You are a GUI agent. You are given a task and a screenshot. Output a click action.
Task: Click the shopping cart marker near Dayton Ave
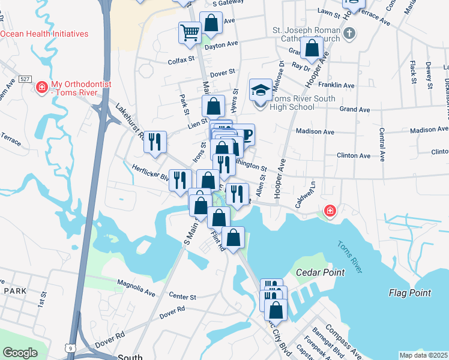190,32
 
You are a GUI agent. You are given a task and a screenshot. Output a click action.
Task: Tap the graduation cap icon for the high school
260,91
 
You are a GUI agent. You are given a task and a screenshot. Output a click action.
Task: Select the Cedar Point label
321,272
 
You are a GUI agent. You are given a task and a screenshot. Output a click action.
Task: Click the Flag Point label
410,293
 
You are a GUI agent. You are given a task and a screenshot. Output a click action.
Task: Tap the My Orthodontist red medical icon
42,88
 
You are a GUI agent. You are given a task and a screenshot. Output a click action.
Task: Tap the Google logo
20,353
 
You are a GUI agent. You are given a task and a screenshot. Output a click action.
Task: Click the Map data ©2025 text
423,355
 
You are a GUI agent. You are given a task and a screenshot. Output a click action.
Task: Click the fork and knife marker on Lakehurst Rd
155,142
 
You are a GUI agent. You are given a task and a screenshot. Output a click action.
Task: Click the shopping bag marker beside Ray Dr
312,49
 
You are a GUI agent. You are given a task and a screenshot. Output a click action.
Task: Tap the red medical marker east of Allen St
329,211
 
